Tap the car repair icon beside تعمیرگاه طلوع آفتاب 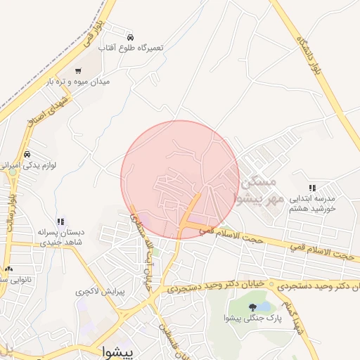(x=130, y=37)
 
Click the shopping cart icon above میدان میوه (x=77, y=70)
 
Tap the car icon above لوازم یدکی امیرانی (x=27, y=154)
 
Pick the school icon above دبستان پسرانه (x=60, y=221)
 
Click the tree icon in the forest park (x=252, y=307)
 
